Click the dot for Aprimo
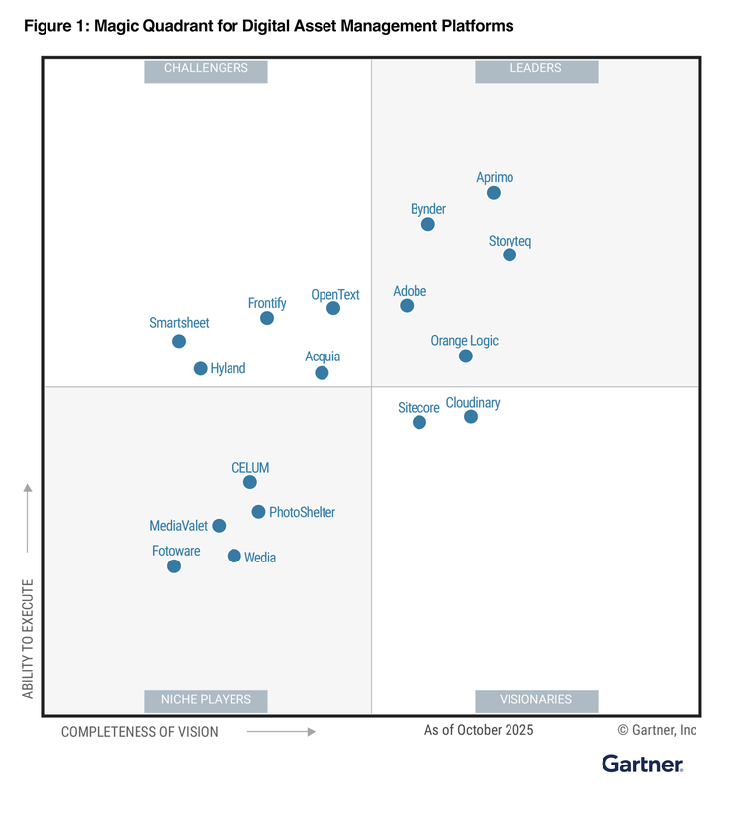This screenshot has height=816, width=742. (x=494, y=193)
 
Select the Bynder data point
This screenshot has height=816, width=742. (x=428, y=225)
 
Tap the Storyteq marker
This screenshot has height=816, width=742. (x=510, y=255)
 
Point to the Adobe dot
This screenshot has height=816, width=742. (x=407, y=306)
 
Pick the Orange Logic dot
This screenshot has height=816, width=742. (x=466, y=357)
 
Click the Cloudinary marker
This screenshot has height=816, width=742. (x=471, y=417)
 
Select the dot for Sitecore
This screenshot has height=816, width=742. (x=419, y=423)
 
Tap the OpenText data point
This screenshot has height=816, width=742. (x=333, y=309)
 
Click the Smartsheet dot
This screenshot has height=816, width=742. (x=179, y=342)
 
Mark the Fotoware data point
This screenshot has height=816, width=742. (x=174, y=567)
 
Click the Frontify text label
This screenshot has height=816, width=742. (x=267, y=303)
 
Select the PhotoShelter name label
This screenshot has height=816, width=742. (x=302, y=513)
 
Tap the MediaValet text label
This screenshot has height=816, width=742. (x=179, y=526)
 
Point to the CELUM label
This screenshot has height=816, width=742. (x=250, y=468)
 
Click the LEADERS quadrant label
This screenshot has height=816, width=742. (x=536, y=69)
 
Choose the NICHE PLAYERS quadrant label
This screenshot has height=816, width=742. (x=206, y=700)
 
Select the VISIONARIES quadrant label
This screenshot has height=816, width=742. (x=536, y=700)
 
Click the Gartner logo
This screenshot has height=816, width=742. (x=642, y=764)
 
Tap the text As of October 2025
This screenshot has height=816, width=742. (x=479, y=731)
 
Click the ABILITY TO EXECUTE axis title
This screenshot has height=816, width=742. (x=28, y=639)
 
